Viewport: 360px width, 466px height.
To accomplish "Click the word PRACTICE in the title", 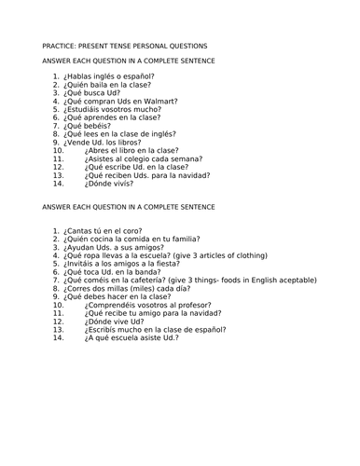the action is pyautogui.click(x=62, y=46).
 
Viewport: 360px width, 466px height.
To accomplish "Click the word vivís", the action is pyautogui.click(x=121, y=183).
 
